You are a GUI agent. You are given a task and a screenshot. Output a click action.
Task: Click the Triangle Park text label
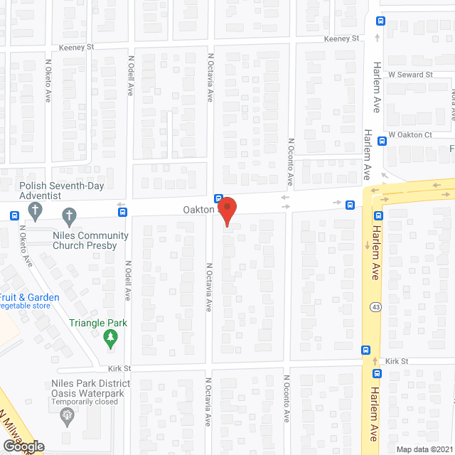click(x=98, y=323)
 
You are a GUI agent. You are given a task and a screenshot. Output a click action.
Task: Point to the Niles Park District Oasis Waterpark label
click(x=95, y=389)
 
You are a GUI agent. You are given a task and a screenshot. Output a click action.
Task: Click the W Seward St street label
click(x=410, y=75)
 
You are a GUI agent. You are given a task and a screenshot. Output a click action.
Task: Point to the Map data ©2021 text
click(x=424, y=449)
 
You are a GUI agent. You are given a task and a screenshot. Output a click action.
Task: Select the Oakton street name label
click(x=198, y=210)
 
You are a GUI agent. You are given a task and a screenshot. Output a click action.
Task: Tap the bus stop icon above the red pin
click(x=219, y=198)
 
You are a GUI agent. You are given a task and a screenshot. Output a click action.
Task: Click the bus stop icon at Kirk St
click(x=366, y=350)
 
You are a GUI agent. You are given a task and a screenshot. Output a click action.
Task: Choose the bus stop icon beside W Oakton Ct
click(x=382, y=141)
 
